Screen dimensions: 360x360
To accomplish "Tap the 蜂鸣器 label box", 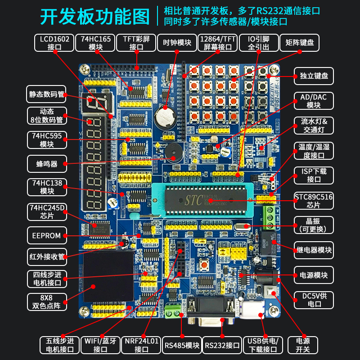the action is pyautogui.click(x=47, y=164).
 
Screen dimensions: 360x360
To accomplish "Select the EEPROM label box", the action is pyautogui.click(x=47, y=235).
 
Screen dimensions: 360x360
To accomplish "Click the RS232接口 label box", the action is pyautogui.click(x=222, y=345).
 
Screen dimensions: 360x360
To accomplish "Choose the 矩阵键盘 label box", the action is pyautogui.click(x=299, y=43).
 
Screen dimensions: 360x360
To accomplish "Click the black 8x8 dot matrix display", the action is pyautogui.click(x=108, y=275).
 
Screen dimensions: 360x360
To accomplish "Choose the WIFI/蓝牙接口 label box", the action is pyautogui.click(x=100, y=345).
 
